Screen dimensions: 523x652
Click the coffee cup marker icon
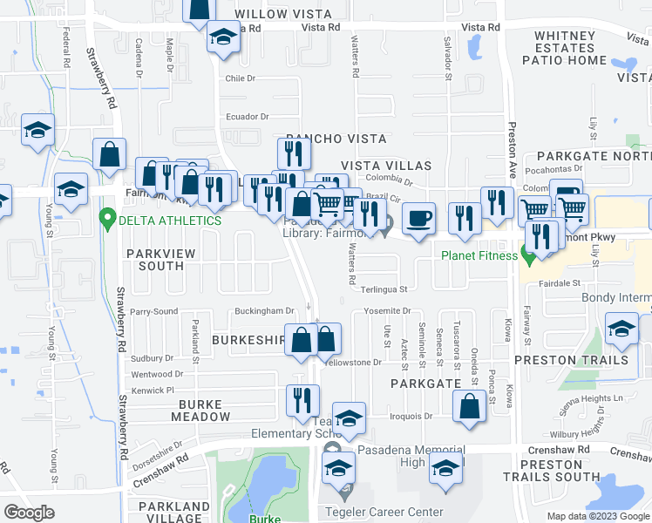[419, 219]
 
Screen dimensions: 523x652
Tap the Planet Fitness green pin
[527, 255]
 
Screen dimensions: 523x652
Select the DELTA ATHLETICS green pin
[108, 218]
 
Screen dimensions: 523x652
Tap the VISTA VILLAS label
[385, 166]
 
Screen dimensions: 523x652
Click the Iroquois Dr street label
[411, 417]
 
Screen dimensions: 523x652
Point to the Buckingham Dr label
[263, 311]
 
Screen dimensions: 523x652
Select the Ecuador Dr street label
[247, 117]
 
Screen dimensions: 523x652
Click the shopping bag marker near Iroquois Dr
[469, 404]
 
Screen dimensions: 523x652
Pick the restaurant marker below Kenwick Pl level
[302, 400]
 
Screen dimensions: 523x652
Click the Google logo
[29, 513]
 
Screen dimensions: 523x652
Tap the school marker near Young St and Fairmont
[71, 188]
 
